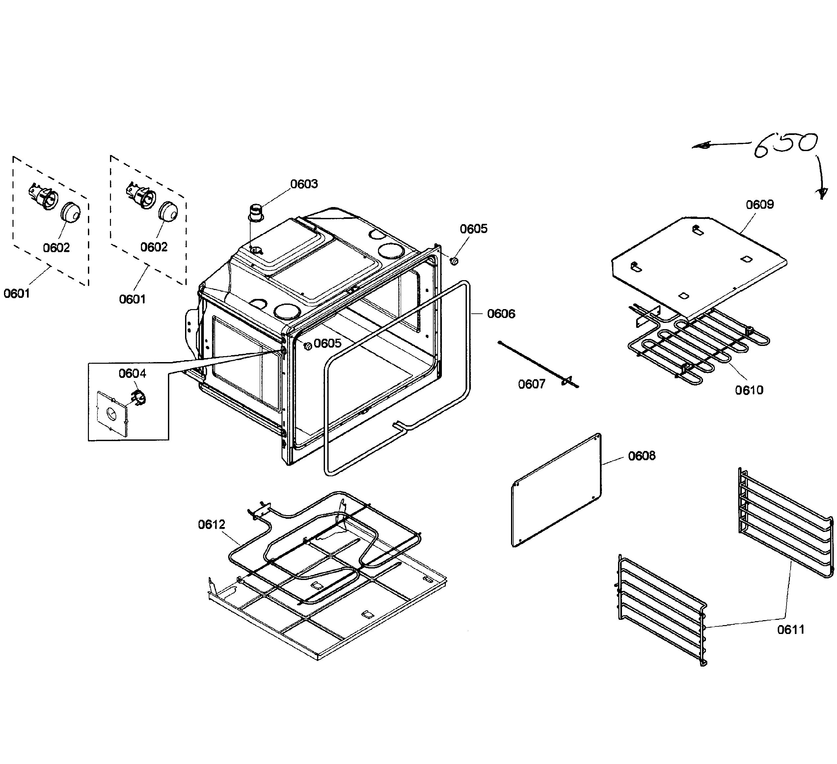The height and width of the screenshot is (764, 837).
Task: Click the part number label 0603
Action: [x=304, y=184]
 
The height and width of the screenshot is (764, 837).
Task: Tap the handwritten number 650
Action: [x=785, y=145]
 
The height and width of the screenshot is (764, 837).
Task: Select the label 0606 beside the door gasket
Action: [x=501, y=314]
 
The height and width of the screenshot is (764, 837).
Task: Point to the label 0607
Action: [x=531, y=384]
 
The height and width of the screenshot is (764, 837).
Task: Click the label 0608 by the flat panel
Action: [x=641, y=456]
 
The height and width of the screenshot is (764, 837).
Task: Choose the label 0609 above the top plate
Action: [x=760, y=205]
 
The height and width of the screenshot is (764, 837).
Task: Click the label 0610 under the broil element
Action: [x=749, y=390]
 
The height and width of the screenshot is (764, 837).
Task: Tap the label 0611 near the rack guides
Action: [x=791, y=630]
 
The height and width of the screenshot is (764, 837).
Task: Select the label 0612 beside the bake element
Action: [x=211, y=525]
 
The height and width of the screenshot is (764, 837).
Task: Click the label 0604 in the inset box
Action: [x=132, y=374]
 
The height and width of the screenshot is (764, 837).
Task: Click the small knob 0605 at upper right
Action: [x=454, y=261]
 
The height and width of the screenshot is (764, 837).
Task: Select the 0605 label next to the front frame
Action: [x=328, y=343]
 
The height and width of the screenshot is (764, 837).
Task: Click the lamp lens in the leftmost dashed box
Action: [x=70, y=212]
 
